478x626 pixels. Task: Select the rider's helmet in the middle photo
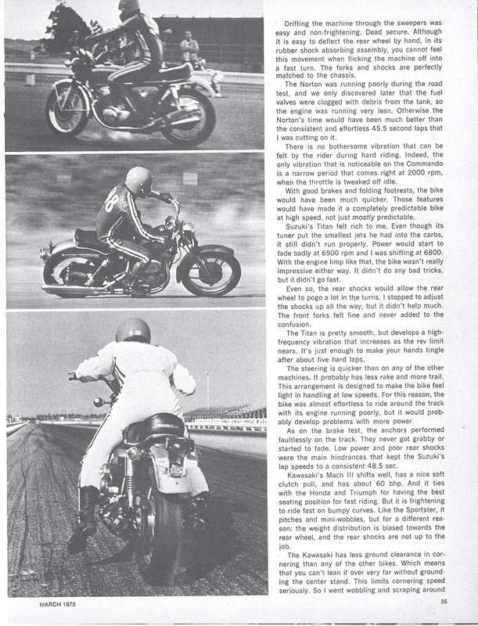(138, 182)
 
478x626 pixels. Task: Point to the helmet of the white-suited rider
(133, 331)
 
